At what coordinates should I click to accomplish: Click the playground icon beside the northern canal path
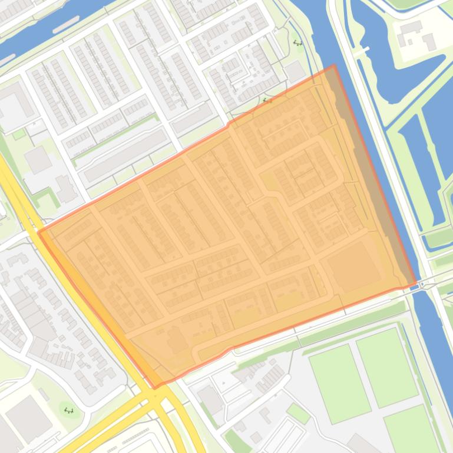point(297,43)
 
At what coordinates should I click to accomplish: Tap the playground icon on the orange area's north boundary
point(267,101)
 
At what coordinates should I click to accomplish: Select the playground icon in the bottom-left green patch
point(69,410)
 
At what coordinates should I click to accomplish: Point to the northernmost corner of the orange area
point(334,66)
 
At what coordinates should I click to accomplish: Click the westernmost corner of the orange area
point(39,232)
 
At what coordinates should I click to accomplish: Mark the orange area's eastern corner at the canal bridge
point(416,285)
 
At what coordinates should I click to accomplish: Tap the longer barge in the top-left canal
point(66,24)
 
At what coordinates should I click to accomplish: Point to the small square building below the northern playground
point(295,71)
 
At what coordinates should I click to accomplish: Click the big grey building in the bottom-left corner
point(27,418)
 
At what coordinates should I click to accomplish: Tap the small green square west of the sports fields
point(298,414)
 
